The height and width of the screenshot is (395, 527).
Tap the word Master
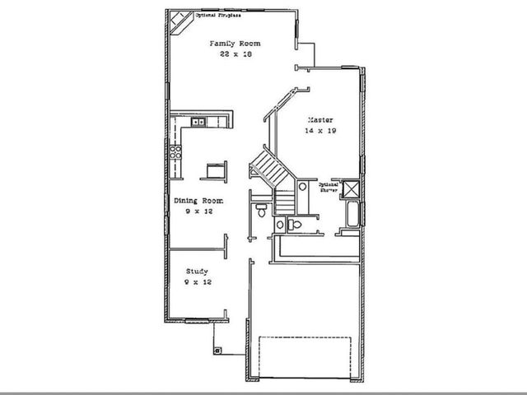point(320,119)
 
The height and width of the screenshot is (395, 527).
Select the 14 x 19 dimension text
point(321,131)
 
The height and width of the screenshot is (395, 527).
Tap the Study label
point(196,271)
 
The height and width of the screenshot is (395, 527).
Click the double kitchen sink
point(198,123)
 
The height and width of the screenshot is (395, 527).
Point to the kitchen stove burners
point(175,151)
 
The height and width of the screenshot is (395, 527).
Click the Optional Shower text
point(329,186)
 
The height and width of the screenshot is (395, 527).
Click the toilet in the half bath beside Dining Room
point(261,211)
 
